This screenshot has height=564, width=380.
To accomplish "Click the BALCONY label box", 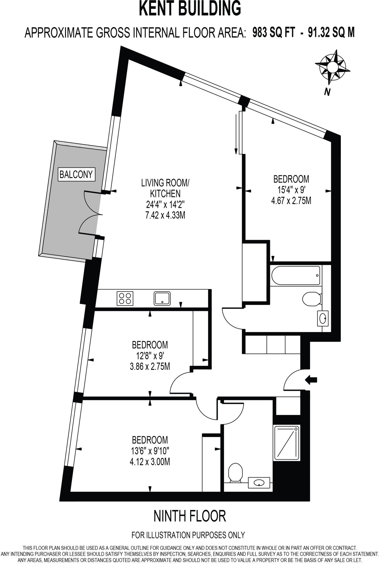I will tap(76, 175).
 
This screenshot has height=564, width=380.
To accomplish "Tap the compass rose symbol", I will tap(332, 67).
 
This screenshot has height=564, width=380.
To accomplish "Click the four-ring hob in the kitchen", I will tap(125, 298).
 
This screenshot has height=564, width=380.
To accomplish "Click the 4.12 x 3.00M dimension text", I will tap(150, 462).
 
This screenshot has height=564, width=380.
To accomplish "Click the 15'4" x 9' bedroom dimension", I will tap(291, 190).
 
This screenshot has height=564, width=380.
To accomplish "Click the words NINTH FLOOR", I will tap(190, 516).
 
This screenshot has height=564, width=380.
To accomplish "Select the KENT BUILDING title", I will tap(190, 9).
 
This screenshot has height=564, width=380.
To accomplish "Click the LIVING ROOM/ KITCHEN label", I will tap(165, 188).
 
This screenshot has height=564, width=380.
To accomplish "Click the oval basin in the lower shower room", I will tap(259, 483).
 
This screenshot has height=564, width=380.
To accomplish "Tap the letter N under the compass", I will tap(327, 92).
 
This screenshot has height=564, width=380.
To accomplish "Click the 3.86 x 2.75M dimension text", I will tap(150, 367).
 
